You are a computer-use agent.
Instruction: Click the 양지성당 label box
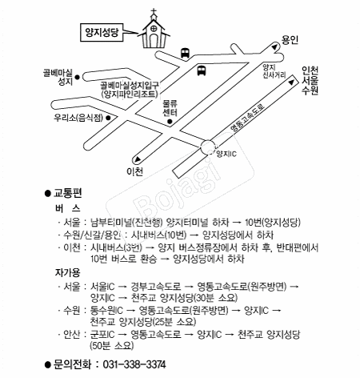click(102, 32)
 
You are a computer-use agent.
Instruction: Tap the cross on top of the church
click(154, 11)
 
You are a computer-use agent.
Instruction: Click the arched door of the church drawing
click(154, 40)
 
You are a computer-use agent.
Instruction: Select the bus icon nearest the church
click(185, 53)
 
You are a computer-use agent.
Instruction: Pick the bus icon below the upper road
click(202, 70)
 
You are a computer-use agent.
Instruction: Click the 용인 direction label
click(290, 40)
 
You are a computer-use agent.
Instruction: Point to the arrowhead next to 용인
click(274, 47)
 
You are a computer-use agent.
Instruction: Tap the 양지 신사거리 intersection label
click(274, 71)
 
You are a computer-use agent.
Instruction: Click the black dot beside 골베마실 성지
click(78, 77)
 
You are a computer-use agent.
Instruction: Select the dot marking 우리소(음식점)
click(108, 118)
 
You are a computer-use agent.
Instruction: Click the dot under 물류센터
click(170, 122)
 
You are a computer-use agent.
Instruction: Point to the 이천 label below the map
click(135, 171)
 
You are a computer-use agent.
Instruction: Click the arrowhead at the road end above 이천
click(138, 159)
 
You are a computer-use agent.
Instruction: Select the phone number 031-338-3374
click(134, 364)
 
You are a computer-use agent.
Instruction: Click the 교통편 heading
click(68, 193)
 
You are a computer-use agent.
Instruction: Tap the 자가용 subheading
click(67, 272)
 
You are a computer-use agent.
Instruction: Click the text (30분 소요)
click(216, 298)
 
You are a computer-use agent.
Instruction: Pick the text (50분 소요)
click(112, 346)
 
